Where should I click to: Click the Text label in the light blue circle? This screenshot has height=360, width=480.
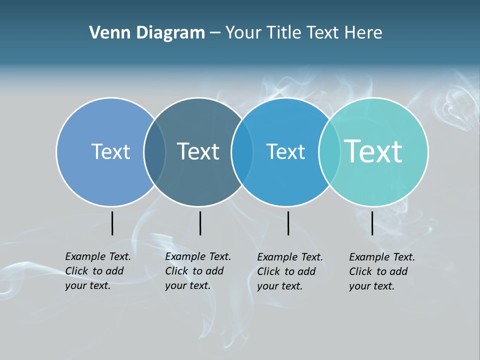tap(110, 151)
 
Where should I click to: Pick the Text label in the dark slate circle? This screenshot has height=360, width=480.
tap(198, 151)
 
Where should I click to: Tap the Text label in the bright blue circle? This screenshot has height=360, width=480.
tap(285, 151)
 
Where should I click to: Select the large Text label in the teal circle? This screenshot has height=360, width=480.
tap(373, 151)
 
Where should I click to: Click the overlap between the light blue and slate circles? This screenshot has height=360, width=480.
tap(154, 152)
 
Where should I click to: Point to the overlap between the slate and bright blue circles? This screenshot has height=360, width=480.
tap(242, 152)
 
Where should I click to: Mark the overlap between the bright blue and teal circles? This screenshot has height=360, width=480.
tap(329, 152)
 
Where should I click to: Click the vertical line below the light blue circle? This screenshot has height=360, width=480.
tap(112, 223)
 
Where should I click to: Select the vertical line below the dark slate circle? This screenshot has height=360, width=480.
tap(200, 223)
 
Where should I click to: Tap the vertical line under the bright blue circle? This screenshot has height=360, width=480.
tap(288, 223)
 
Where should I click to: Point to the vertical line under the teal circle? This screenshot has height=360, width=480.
tap(372, 223)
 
